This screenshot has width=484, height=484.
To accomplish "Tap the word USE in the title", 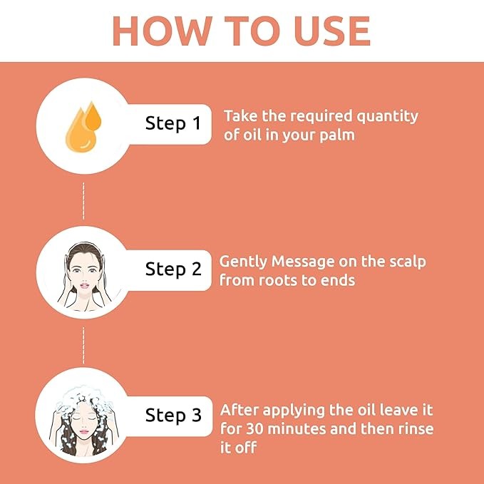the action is [332, 31].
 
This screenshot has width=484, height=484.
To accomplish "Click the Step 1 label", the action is [173, 123].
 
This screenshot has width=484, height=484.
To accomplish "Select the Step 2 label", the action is [173, 269].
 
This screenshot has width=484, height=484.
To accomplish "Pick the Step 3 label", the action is [173, 415].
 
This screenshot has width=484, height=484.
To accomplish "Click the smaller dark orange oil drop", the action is [93, 117].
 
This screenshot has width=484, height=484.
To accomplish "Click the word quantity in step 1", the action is [387, 117].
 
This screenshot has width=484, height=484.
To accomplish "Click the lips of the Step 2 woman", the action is [84, 286].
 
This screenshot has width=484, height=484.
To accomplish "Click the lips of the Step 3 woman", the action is [84, 431].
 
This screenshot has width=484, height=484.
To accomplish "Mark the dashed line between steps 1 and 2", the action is [83, 201].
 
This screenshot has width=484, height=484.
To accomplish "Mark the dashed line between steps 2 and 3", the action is [83, 346].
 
